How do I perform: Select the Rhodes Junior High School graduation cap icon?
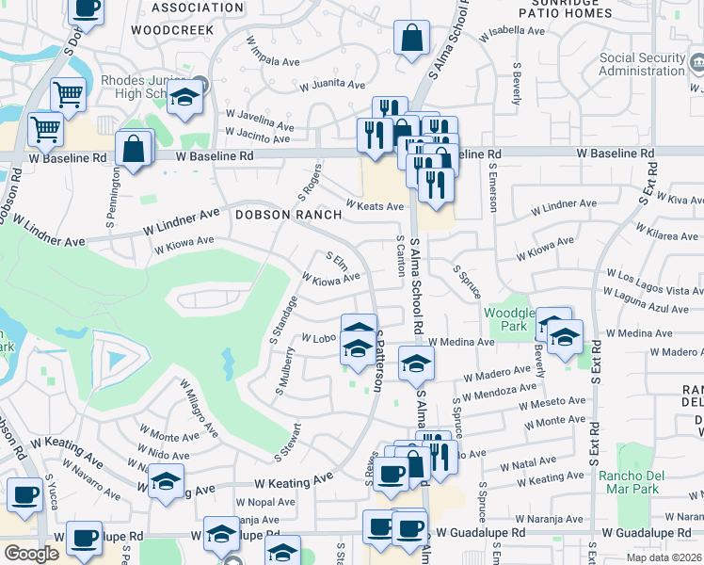(185, 97)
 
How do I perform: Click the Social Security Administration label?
(642, 64)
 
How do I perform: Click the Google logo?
(31, 553)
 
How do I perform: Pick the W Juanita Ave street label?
(332, 86)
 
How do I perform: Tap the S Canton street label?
(400, 257)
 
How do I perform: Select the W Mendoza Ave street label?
(501, 390)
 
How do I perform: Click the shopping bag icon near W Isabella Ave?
(411, 40)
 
